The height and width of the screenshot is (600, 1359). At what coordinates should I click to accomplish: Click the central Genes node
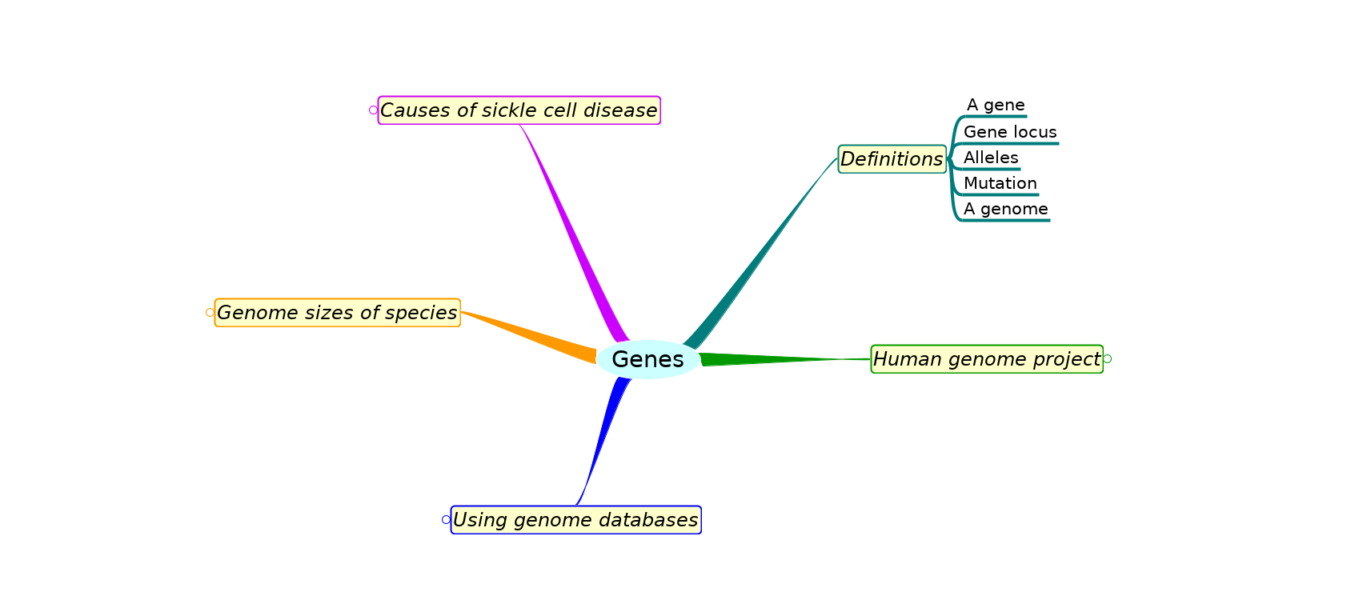(x=648, y=359)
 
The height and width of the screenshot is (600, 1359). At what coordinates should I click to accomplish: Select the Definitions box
(x=892, y=159)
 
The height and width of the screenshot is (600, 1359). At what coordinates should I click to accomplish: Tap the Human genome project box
(x=987, y=359)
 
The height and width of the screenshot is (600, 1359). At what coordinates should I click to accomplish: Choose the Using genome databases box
(x=576, y=520)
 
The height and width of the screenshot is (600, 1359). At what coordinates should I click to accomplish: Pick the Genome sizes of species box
(x=338, y=313)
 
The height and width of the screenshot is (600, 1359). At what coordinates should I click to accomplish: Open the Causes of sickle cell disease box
(x=519, y=110)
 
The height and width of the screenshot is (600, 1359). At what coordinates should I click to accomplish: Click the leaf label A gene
(x=996, y=105)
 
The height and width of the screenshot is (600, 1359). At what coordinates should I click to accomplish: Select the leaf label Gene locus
(x=1010, y=132)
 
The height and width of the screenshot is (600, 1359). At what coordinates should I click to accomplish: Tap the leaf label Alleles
(x=991, y=158)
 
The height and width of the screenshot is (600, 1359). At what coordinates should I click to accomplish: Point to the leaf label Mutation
(x=1000, y=183)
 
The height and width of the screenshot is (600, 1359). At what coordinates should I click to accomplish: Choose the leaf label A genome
(x=1006, y=209)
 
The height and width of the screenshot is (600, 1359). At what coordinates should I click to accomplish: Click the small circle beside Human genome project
(x=1108, y=359)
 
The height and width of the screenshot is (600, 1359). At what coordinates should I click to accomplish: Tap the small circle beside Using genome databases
(x=447, y=520)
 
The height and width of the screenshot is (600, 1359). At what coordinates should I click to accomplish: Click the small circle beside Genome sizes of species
(x=210, y=313)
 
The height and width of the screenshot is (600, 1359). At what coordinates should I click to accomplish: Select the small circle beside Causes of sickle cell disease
(x=373, y=110)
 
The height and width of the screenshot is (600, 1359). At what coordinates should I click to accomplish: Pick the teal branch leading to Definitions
(x=760, y=252)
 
